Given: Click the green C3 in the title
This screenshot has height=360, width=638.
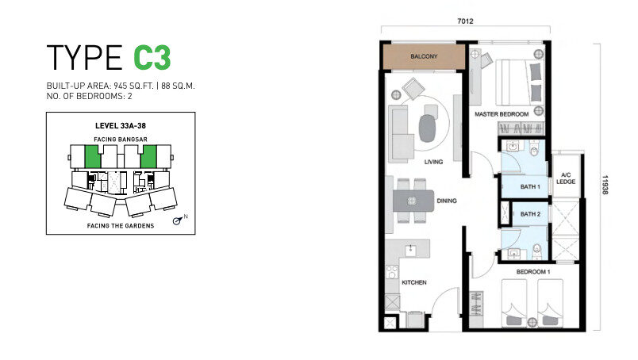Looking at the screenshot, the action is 152,57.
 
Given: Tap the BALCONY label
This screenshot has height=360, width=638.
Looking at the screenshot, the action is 424,56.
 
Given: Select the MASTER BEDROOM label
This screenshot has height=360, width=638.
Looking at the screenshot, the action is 502,114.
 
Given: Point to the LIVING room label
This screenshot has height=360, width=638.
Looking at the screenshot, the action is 433,162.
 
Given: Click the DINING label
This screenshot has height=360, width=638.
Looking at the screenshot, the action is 447,201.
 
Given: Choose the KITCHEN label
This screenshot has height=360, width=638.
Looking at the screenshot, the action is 414,282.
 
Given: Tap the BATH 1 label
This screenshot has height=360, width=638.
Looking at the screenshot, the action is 530,186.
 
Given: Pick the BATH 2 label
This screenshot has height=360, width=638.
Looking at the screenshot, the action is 530,214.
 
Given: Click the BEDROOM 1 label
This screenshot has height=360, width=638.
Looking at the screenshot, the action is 533,272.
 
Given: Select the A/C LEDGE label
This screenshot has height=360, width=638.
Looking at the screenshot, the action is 566,178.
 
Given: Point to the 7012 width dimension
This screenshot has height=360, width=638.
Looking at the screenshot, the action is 466,21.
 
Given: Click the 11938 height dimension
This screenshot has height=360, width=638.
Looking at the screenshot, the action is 605,185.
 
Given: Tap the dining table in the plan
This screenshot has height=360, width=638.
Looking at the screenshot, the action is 413,201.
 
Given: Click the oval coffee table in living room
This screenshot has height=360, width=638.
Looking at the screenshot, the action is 427,128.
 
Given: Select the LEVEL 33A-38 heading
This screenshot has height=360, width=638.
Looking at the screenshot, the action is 121,126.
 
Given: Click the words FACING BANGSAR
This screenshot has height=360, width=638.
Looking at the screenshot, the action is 121,139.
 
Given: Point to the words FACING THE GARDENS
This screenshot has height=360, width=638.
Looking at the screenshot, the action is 121,226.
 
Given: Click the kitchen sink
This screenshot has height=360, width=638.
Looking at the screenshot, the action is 411,249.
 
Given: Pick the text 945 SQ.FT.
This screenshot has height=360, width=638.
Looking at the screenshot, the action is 133,86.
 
